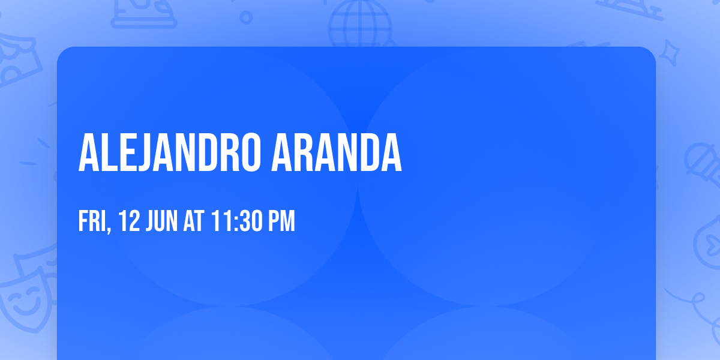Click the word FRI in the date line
92,221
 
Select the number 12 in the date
129,221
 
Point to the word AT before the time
194,221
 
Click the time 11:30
236,221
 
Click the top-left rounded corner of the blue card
62,52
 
